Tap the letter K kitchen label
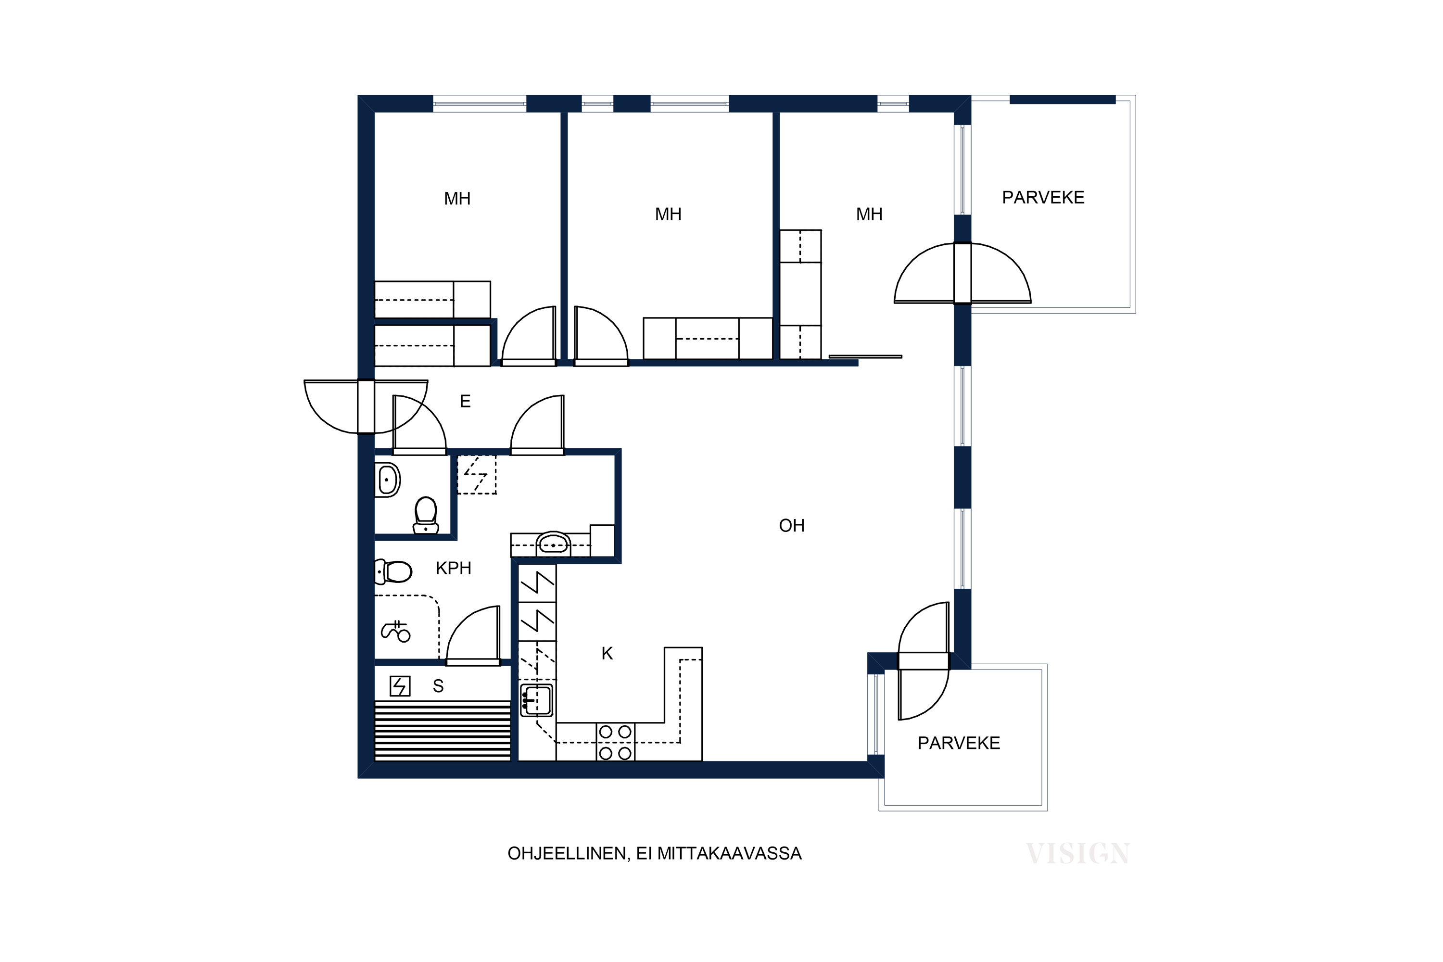[x=608, y=654]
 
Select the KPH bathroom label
[x=454, y=569]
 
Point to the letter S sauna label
[x=438, y=686]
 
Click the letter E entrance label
[x=465, y=402]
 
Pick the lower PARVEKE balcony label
[x=959, y=744]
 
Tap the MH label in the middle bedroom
[x=668, y=215]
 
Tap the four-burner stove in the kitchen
[x=615, y=742]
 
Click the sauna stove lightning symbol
[x=400, y=686]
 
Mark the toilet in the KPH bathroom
[x=393, y=572]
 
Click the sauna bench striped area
[x=443, y=731]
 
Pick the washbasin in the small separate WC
[x=388, y=480]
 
